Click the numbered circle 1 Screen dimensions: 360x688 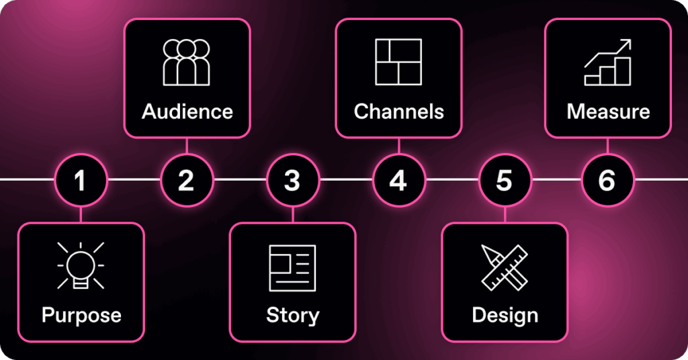tap(81, 180)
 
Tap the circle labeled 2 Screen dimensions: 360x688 tap(186, 180)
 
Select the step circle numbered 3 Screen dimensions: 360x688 tap(292, 180)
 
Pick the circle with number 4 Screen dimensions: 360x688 tap(398, 180)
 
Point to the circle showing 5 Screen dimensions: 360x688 tap(505, 180)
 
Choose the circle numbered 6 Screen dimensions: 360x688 tap(607, 180)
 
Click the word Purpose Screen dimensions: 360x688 tap(81, 315)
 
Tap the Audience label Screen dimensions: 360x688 tap(187, 111)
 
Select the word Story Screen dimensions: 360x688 tap(292, 315)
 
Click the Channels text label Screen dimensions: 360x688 tap(399, 111)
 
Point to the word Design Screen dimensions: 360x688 tap(505, 315)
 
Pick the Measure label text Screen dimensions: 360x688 tap(608, 111)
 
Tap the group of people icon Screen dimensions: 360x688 tap(187, 62)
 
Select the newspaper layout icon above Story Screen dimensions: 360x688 tap(292, 268)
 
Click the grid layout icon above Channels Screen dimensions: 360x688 tap(398, 62)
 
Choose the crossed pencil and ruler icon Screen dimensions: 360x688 tap(505, 267)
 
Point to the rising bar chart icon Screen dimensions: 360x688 tap(608, 62)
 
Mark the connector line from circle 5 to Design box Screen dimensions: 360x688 tap(505, 214)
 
